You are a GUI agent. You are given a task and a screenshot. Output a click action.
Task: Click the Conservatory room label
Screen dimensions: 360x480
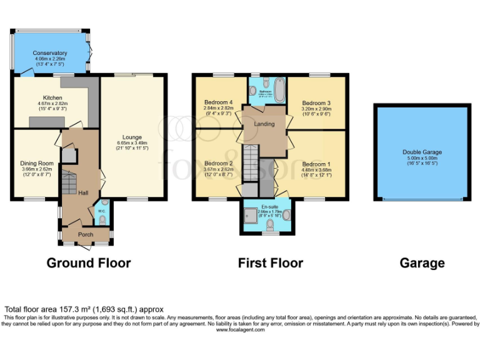50,53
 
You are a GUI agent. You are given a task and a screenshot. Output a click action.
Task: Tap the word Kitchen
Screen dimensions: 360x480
52,97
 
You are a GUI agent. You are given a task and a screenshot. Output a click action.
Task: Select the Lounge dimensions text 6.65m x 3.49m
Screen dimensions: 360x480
132,144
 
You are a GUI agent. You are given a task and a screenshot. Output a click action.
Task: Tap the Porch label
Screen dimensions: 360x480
85,235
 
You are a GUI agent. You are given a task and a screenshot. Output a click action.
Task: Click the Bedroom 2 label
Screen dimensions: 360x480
218,163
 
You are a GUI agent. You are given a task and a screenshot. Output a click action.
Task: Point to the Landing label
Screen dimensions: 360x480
264,124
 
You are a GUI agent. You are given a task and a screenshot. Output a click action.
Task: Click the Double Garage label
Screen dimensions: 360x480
422,152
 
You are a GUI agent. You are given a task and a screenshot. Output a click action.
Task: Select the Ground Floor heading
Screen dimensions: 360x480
89,263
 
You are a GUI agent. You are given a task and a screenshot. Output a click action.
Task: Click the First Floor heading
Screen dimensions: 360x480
270,263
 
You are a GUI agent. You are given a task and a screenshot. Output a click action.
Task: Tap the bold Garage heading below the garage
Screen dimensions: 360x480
422,263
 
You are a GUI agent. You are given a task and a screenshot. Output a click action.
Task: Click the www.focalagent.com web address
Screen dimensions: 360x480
241,329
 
